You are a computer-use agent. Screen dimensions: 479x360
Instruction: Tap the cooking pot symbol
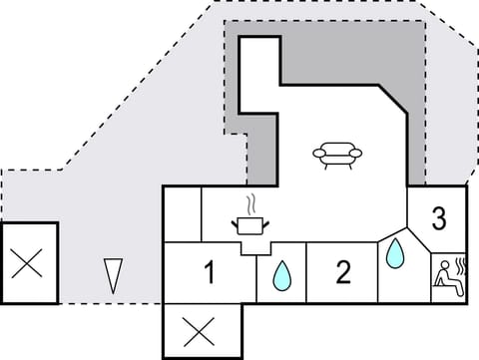click(251, 224)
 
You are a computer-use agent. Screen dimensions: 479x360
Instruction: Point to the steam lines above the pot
click(251, 202)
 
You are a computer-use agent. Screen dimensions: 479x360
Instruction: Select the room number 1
click(210, 271)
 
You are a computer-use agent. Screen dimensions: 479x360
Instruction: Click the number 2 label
click(343, 271)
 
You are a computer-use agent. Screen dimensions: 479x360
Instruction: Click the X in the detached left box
click(27, 264)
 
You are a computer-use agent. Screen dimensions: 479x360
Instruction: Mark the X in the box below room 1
click(201, 329)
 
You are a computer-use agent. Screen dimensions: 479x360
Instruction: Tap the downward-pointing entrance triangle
click(112, 274)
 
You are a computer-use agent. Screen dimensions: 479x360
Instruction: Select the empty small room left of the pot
click(182, 213)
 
